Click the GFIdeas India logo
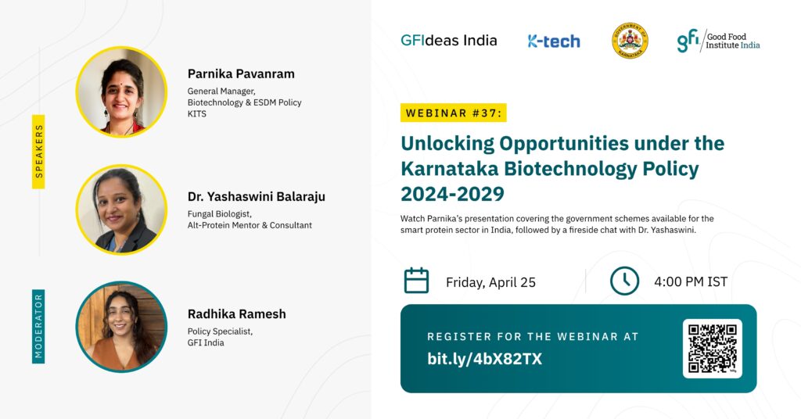(x=448, y=41)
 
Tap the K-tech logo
(x=554, y=41)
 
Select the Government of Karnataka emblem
(x=630, y=41)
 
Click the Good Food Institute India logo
(x=718, y=41)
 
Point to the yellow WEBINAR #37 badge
(x=454, y=113)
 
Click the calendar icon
(x=416, y=280)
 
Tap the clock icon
(x=624, y=281)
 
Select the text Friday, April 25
(x=490, y=282)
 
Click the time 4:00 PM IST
(x=691, y=281)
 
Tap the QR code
(x=712, y=349)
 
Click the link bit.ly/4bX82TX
(x=484, y=359)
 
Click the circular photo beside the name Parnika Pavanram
(x=121, y=92)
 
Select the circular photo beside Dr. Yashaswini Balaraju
(x=121, y=209)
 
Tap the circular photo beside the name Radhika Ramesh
(x=121, y=327)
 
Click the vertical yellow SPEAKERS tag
(x=38, y=152)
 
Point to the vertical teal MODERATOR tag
(x=38, y=327)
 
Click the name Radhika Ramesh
(x=236, y=314)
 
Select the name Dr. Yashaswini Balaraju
(x=256, y=196)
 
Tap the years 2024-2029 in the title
(x=452, y=194)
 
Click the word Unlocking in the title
(x=447, y=144)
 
